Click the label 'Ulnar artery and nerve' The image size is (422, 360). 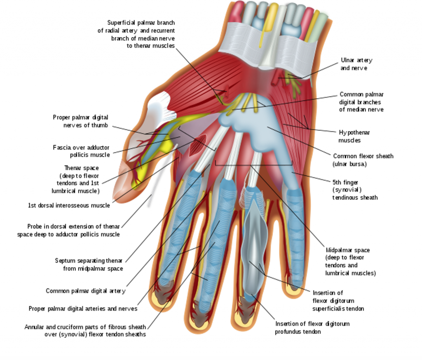356,64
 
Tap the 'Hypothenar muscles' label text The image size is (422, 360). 354,136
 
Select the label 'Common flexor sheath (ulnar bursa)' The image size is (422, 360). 363,160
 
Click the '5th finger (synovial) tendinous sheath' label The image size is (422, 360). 355,190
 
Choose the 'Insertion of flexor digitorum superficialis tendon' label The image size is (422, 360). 338,301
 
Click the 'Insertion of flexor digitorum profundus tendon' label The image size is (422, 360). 312,327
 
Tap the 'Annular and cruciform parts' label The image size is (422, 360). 85,331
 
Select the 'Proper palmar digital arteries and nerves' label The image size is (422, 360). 83,308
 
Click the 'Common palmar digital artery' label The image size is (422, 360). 85,291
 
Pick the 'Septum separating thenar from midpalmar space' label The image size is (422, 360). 89,264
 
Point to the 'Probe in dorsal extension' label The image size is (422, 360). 68,230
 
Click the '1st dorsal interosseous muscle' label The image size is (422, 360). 69,205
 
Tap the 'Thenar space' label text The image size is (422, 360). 77,179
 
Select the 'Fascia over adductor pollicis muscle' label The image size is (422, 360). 82,151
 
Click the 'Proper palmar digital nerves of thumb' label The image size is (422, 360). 81,121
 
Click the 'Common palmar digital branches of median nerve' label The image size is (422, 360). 361,102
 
